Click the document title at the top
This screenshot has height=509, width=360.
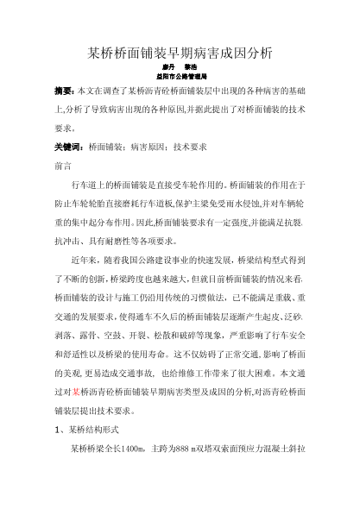[x=180, y=53]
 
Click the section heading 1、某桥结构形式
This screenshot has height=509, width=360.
[x=95, y=430]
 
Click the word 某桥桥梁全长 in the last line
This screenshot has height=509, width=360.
[x=95, y=449]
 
